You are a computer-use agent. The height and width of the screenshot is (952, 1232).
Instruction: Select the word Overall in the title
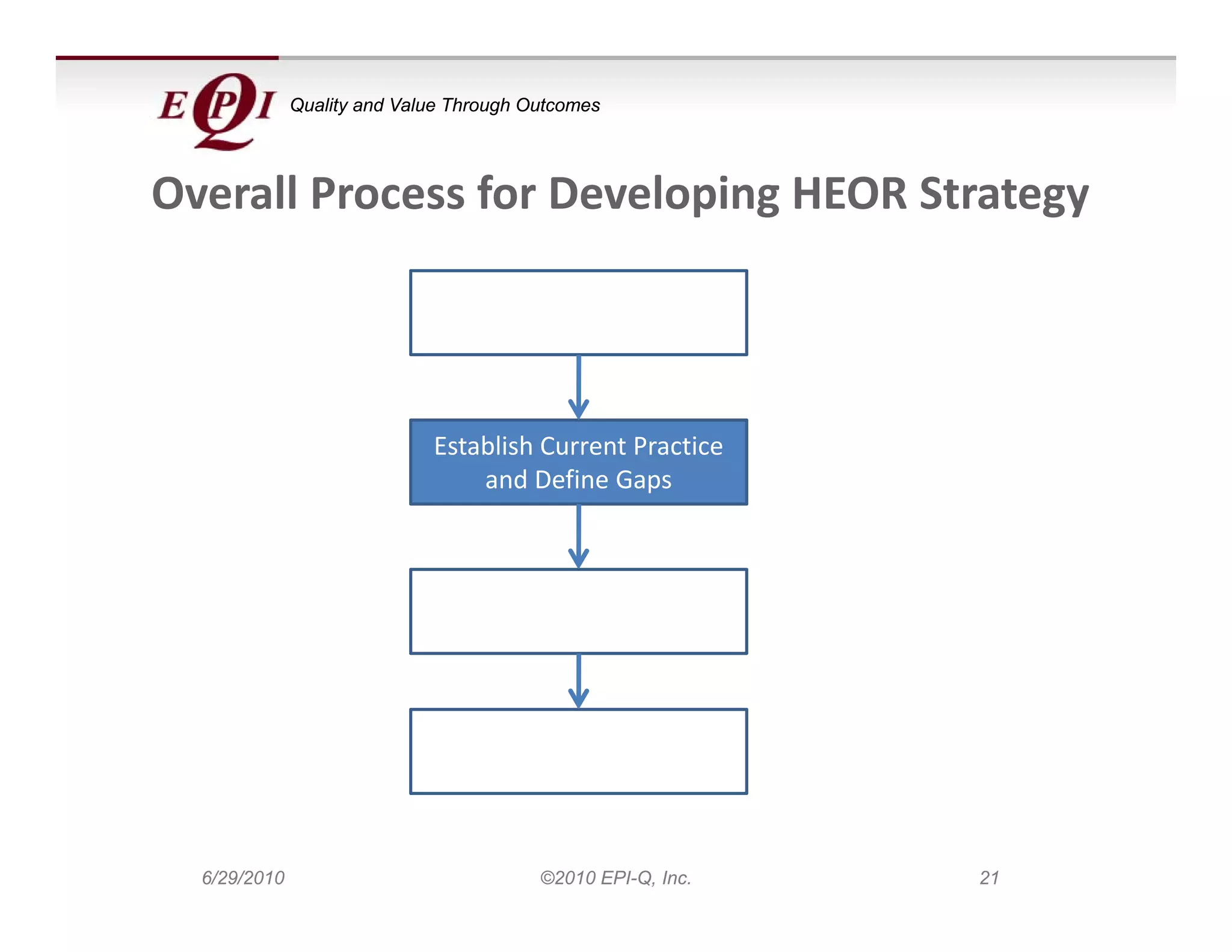224,194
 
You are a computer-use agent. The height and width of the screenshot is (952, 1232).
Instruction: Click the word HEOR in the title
849,194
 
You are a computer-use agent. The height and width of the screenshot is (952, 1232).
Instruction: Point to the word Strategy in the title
1004,194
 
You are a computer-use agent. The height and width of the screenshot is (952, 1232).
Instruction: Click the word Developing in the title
664,194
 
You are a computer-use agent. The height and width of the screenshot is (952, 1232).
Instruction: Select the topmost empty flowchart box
578,312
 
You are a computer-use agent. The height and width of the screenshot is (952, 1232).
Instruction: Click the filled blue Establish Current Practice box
578,462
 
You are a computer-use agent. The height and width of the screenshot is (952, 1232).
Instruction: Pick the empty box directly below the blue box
578,611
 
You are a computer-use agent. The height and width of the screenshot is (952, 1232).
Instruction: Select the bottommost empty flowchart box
578,751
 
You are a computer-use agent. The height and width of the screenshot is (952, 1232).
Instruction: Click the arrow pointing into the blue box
578,388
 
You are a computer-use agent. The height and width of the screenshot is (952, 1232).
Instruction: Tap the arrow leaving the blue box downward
578,537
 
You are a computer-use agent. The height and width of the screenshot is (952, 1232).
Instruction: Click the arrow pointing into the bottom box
578,681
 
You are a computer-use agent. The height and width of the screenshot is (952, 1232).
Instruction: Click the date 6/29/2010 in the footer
243,878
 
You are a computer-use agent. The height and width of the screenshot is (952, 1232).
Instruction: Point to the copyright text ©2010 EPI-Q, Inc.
615,878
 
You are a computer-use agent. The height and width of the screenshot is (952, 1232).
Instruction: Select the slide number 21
989,878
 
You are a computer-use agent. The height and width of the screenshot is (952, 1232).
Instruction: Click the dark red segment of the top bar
167,58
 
